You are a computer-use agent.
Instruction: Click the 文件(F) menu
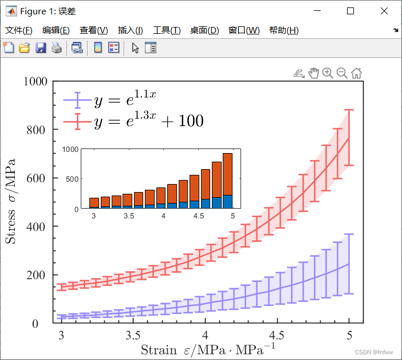pyautogui.click(x=18, y=30)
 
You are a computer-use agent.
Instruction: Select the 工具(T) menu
pyautogui.click(x=167, y=30)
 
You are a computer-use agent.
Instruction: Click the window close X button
pyautogui.click(x=383, y=11)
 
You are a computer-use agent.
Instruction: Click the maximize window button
pyautogui.click(x=350, y=11)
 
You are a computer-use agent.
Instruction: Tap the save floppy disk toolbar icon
pyautogui.click(x=41, y=48)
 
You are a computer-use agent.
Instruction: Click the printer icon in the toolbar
pyautogui.click(x=56, y=48)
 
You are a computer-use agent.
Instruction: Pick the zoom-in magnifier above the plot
pyautogui.click(x=328, y=73)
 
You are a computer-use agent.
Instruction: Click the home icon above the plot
pyautogui.click(x=356, y=73)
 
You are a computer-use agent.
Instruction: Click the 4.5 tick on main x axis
pyautogui.click(x=277, y=335)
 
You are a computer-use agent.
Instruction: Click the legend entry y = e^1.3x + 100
pyautogui.click(x=148, y=121)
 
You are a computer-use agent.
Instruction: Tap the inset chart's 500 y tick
pyautogui.click(x=71, y=179)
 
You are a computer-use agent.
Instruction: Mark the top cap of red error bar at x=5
pyautogui.click(x=349, y=110)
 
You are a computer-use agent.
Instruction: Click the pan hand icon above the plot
pyautogui.click(x=313, y=73)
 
